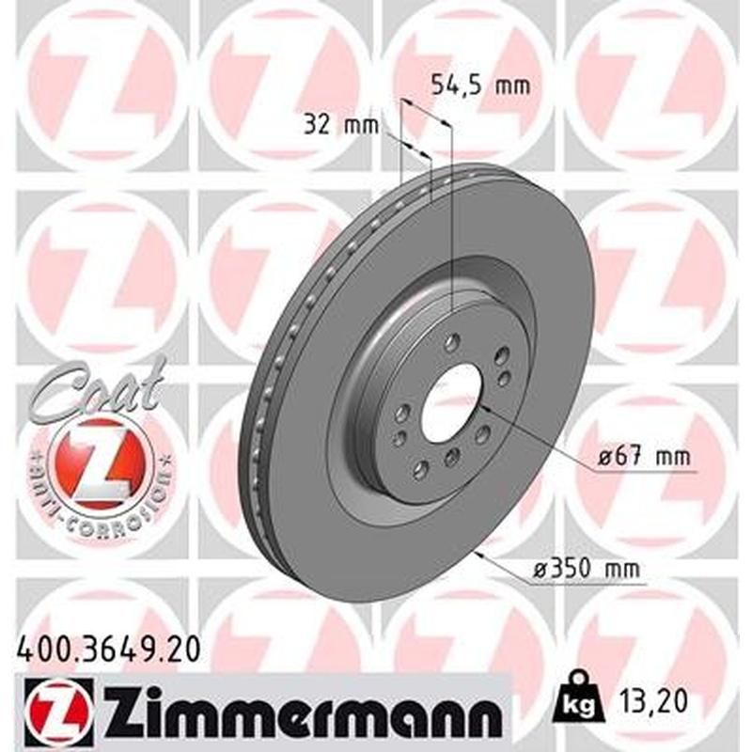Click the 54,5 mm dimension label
(x=479, y=86)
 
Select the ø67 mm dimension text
(x=645, y=458)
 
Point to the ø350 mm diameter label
(x=582, y=568)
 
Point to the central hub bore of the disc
(x=450, y=400)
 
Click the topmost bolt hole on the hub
(x=454, y=340)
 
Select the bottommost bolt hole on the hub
(x=421, y=469)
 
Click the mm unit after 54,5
(x=511, y=86)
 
